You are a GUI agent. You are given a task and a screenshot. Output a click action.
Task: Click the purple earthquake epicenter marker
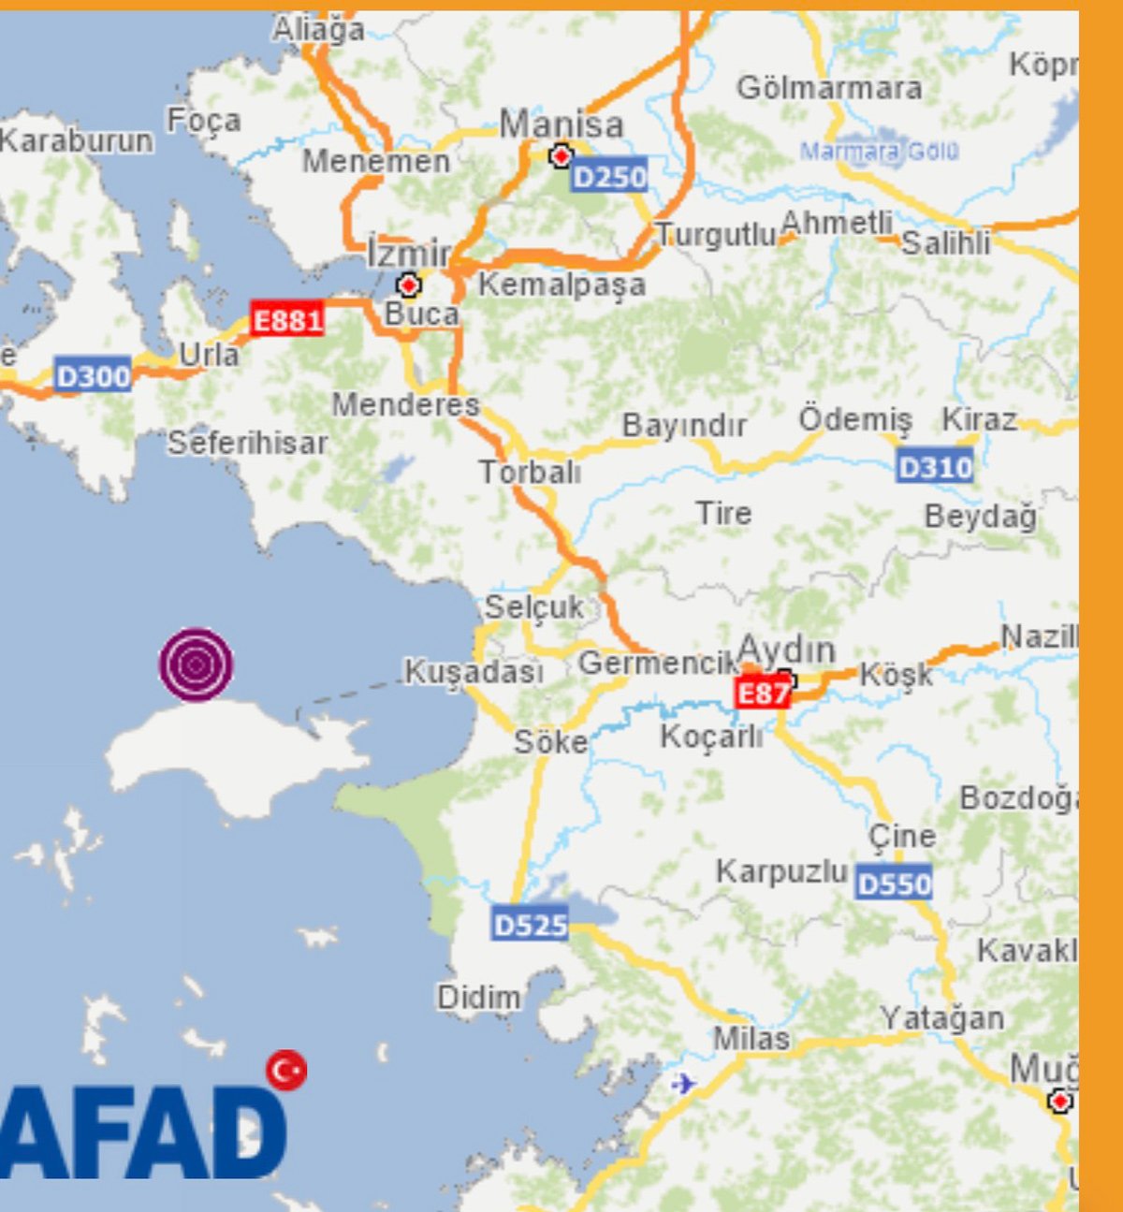[x=196, y=664]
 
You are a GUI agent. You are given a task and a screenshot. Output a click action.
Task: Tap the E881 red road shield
[x=287, y=320]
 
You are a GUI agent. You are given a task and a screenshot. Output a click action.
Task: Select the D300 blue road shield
[x=93, y=376]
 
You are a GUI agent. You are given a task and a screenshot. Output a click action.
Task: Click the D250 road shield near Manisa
[x=609, y=177]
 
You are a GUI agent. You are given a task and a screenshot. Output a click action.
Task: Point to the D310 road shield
[x=935, y=466]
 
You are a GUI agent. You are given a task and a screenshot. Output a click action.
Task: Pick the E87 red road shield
[x=762, y=693]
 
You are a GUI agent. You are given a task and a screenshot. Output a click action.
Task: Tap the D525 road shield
[x=530, y=925]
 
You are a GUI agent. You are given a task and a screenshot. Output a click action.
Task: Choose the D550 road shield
[x=894, y=883]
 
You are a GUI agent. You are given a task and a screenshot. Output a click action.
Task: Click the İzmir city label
[x=409, y=253]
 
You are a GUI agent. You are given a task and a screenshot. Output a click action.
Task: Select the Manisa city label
[x=561, y=124]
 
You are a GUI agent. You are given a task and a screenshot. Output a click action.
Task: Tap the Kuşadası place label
[x=474, y=671]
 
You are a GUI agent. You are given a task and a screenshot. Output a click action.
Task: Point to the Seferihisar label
[x=248, y=443]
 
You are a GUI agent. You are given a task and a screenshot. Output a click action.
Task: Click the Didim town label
[x=478, y=998]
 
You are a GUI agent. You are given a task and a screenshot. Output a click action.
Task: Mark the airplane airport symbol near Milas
[x=684, y=1084]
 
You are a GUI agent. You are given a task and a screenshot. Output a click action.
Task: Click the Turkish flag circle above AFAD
[x=286, y=1070]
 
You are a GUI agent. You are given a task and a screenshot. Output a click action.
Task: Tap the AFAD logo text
[x=140, y=1132]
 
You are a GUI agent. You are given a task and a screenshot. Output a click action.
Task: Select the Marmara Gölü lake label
[x=879, y=151]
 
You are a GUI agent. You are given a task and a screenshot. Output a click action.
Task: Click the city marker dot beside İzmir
[x=408, y=285]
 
